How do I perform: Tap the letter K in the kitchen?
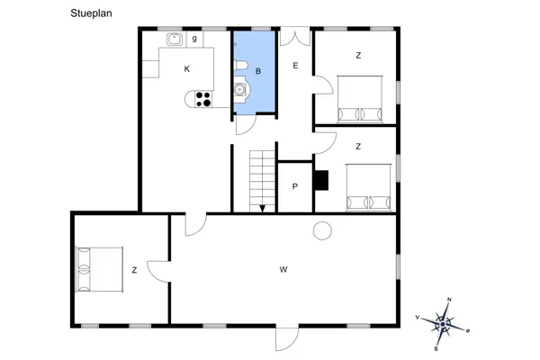click(x=187, y=69)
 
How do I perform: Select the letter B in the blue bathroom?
click(x=258, y=70)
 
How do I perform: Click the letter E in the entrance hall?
click(x=294, y=66)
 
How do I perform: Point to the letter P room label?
click(x=295, y=187)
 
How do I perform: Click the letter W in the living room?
click(x=283, y=269)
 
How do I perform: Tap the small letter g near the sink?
click(x=194, y=39)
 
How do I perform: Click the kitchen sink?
click(x=173, y=39)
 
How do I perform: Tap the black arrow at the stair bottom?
click(x=262, y=208)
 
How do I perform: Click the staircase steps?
click(x=261, y=175)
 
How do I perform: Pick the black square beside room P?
click(x=321, y=179)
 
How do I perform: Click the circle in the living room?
click(x=321, y=231)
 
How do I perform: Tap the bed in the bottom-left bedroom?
click(x=98, y=269)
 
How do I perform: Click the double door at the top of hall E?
click(x=294, y=37)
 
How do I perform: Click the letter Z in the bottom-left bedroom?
click(x=134, y=270)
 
